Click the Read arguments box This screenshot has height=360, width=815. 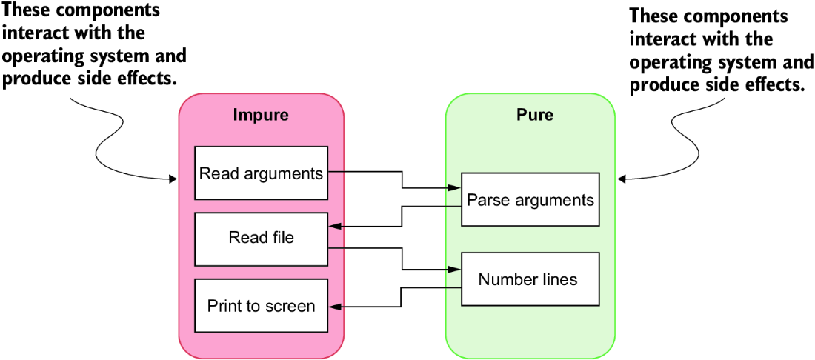click(x=262, y=173)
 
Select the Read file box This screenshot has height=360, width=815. click(x=262, y=239)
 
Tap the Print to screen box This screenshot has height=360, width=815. click(x=262, y=305)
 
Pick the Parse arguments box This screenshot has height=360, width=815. click(x=530, y=199)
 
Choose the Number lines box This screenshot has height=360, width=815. click(x=530, y=279)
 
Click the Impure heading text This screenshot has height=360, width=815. click(x=261, y=115)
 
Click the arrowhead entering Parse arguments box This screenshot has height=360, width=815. click(x=456, y=187)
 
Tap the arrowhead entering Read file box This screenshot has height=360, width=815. click(x=334, y=226)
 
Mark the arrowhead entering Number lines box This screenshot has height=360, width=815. click(x=456, y=270)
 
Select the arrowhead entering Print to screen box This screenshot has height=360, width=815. click(x=334, y=307)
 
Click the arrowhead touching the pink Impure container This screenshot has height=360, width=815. click(x=173, y=180)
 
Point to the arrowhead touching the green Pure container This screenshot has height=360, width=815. click(x=622, y=180)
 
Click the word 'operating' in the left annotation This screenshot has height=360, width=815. click(x=42, y=56)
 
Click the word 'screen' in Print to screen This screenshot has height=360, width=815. click(x=289, y=306)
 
